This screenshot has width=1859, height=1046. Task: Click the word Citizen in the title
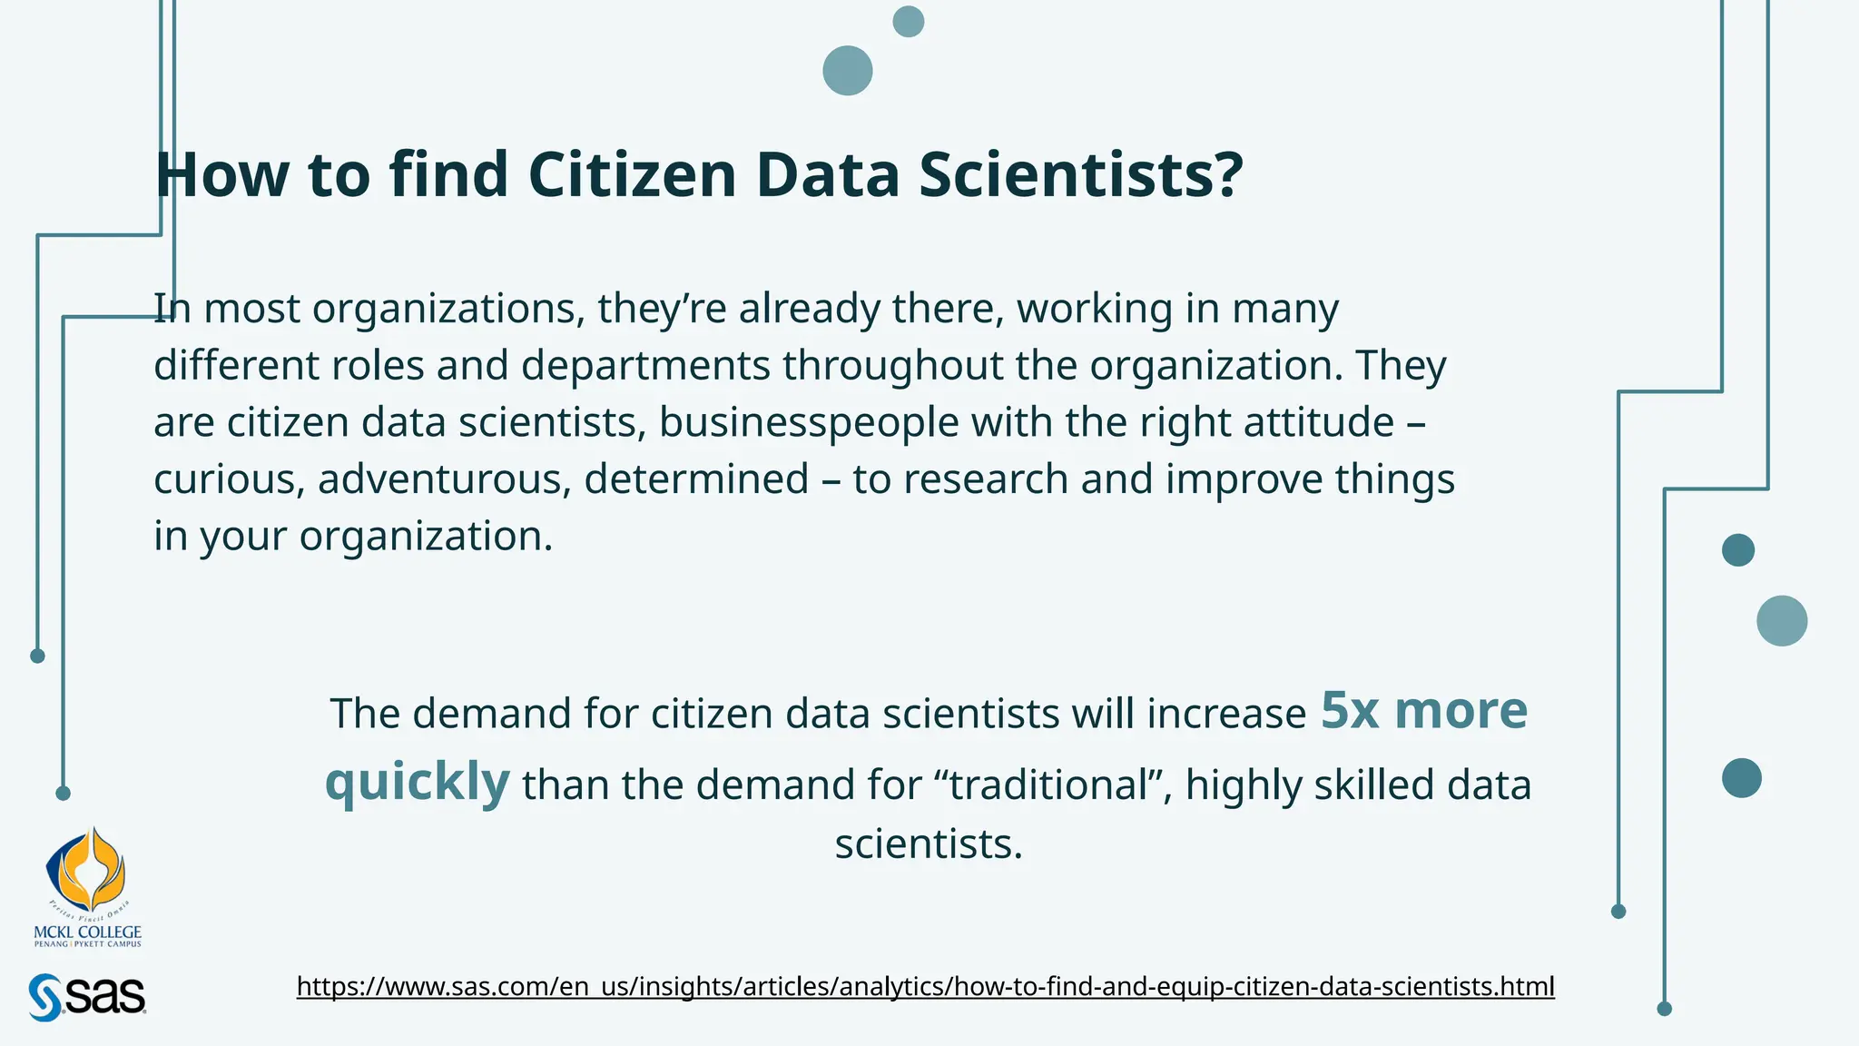tap(632, 174)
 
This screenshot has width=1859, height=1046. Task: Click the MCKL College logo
tap(87, 886)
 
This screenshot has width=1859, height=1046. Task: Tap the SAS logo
tap(87, 997)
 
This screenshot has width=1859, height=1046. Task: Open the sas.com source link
tap(925, 986)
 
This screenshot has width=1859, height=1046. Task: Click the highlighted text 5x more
tap(1423, 710)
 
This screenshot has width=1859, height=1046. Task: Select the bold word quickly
tap(418, 781)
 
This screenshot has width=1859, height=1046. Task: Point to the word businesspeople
tap(809, 423)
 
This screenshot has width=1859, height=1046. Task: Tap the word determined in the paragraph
tap(696, 479)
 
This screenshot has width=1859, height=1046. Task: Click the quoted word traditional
tap(1050, 785)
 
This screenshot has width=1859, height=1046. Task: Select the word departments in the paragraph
tap(645, 366)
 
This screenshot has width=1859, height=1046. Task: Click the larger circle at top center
tap(848, 71)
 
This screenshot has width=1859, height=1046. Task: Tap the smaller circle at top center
tap(908, 22)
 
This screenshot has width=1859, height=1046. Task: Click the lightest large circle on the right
tap(1782, 621)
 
